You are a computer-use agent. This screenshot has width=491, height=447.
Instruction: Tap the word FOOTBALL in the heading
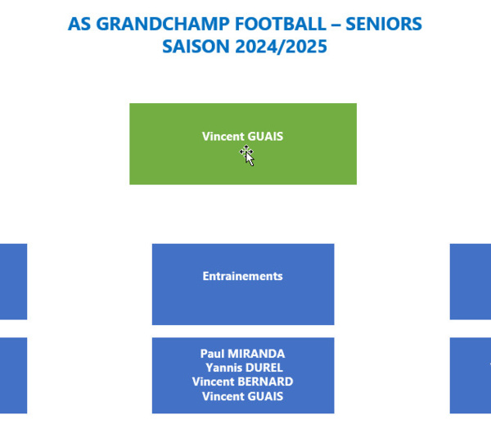(x=280, y=24)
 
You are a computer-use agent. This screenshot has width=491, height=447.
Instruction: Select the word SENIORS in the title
(x=384, y=24)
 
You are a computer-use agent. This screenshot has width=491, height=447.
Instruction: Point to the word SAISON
(x=196, y=47)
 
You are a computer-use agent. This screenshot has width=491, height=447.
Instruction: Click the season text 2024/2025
(x=281, y=47)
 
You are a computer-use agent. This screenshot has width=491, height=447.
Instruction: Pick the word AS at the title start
(x=79, y=24)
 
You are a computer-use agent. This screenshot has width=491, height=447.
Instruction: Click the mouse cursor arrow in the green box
(x=248, y=156)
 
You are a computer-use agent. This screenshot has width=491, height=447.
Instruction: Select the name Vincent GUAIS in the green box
(x=243, y=136)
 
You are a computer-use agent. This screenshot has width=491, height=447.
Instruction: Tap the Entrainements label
(x=243, y=276)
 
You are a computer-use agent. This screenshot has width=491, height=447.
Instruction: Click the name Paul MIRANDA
(x=243, y=354)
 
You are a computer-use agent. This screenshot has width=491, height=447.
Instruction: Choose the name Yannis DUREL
(x=244, y=368)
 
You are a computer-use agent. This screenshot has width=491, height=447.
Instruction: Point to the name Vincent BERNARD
(x=243, y=382)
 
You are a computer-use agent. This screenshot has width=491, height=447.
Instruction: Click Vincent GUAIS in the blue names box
(x=243, y=396)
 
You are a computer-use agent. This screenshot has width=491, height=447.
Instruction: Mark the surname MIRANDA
(x=256, y=354)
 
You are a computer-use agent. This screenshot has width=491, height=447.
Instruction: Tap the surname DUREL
(x=264, y=368)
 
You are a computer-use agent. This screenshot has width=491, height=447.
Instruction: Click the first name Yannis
(x=224, y=368)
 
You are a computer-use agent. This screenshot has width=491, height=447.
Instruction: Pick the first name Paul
(x=213, y=354)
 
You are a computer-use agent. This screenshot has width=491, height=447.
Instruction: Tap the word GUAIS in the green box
(x=265, y=136)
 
